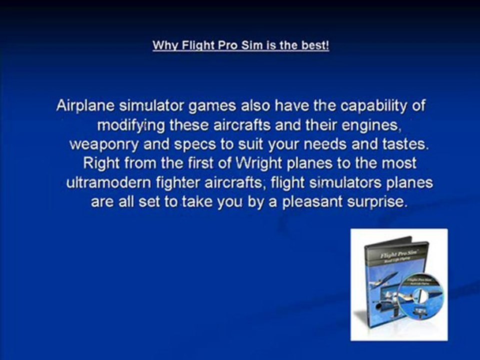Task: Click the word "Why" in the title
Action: pos(162,46)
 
